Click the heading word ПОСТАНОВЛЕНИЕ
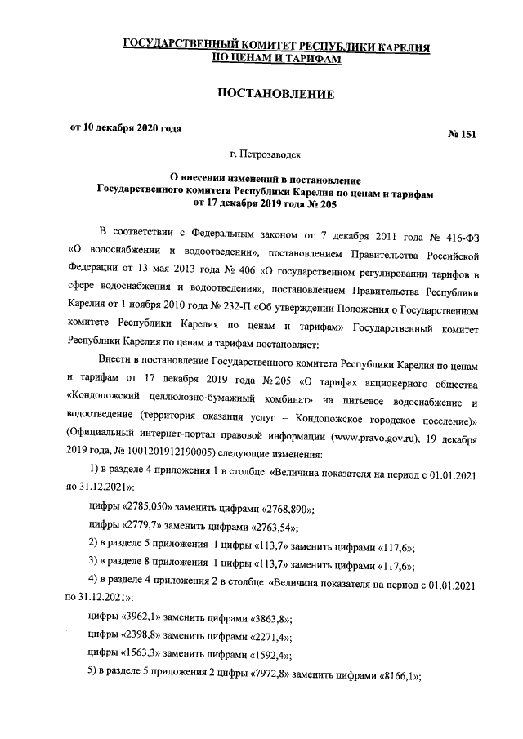point(275,96)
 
